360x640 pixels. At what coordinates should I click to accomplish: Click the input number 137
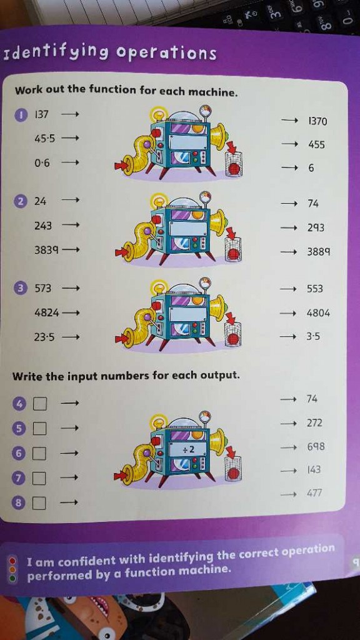click(x=42, y=115)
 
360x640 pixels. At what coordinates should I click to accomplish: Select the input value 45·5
click(x=45, y=139)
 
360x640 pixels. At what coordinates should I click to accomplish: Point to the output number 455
click(x=316, y=144)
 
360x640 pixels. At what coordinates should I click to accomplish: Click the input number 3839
click(x=46, y=250)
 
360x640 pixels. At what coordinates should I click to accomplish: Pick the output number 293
click(x=316, y=227)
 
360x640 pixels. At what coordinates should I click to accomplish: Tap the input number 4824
click(x=46, y=314)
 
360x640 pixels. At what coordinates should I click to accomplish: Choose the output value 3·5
click(x=314, y=337)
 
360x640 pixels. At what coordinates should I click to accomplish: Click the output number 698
click(x=316, y=447)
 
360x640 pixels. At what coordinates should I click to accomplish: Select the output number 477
click(x=315, y=494)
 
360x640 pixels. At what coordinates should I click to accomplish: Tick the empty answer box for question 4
click(x=39, y=404)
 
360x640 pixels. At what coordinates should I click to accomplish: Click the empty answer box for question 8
click(x=39, y=503)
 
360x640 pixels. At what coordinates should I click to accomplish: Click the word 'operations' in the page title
click(x=166, y=54)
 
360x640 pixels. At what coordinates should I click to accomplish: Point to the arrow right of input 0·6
click(x=70, y=163)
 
